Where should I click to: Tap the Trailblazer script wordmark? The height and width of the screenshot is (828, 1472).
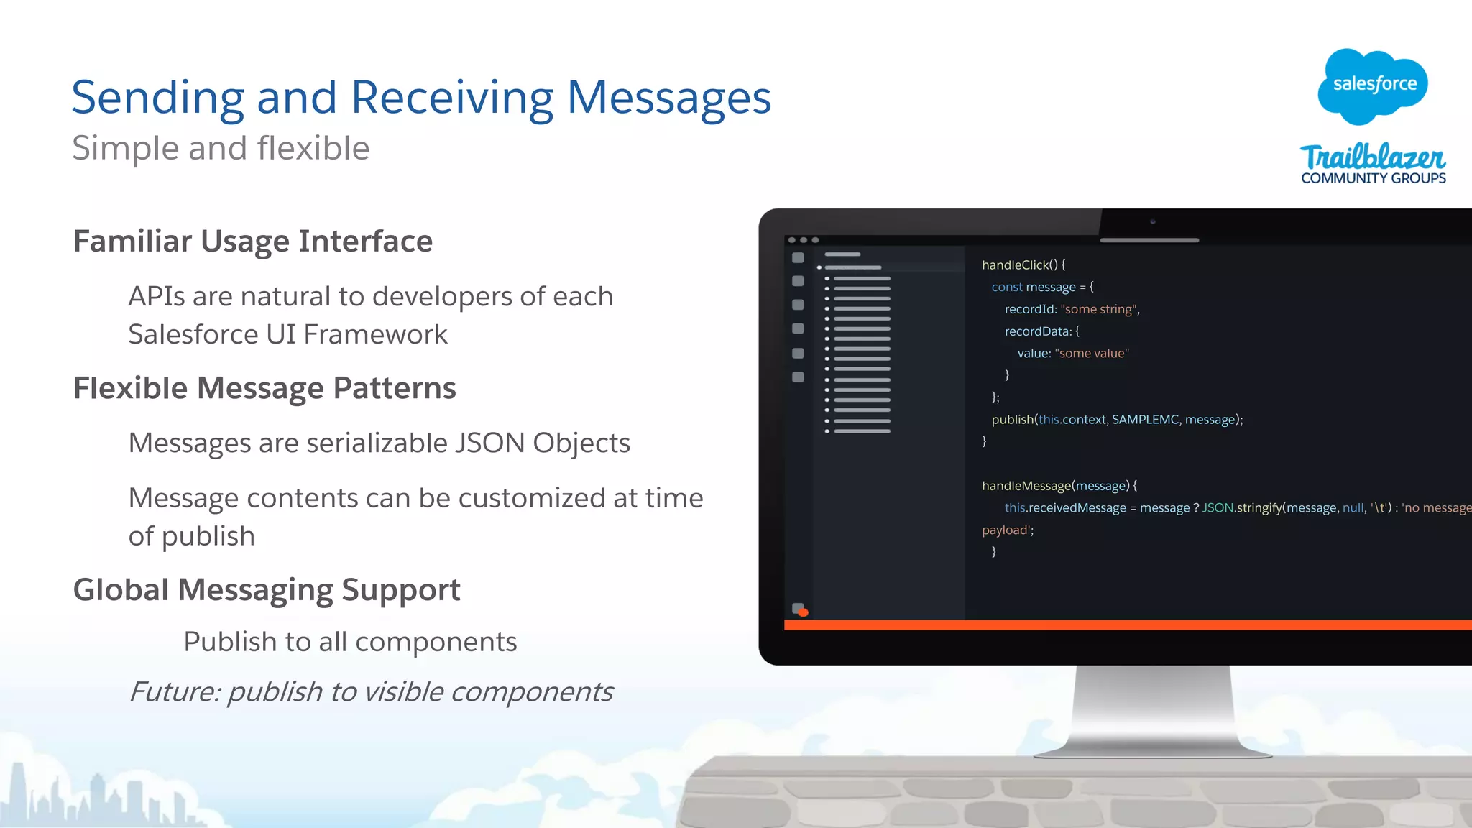click(x=1372, y=157)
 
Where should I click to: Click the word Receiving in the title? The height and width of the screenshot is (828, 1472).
click(x=452, y=97)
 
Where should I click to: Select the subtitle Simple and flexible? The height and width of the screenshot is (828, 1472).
click(x=221, y=148)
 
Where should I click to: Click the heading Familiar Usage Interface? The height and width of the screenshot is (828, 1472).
click(x=253, y=241)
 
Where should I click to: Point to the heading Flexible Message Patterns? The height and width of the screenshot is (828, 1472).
click(x=264, y=388)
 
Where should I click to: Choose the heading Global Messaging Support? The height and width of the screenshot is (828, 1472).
click(x=267, y=590)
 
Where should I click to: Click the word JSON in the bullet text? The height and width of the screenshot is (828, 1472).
click(x=489, y=443)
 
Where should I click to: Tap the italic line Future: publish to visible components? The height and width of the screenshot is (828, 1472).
click(x=371, y=691)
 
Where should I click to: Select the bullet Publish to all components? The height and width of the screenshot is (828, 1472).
click(x=350, y=641)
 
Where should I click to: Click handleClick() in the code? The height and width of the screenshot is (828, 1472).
click(x=1019, y=264)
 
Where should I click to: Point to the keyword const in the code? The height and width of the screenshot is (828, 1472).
click(x=1006, y=287)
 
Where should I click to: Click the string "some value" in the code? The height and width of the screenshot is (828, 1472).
click(x=1092, y=353)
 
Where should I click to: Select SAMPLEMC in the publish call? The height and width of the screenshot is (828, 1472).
click(x=1145, y=419)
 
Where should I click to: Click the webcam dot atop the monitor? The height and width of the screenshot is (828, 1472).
click(x=1153, y=221)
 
